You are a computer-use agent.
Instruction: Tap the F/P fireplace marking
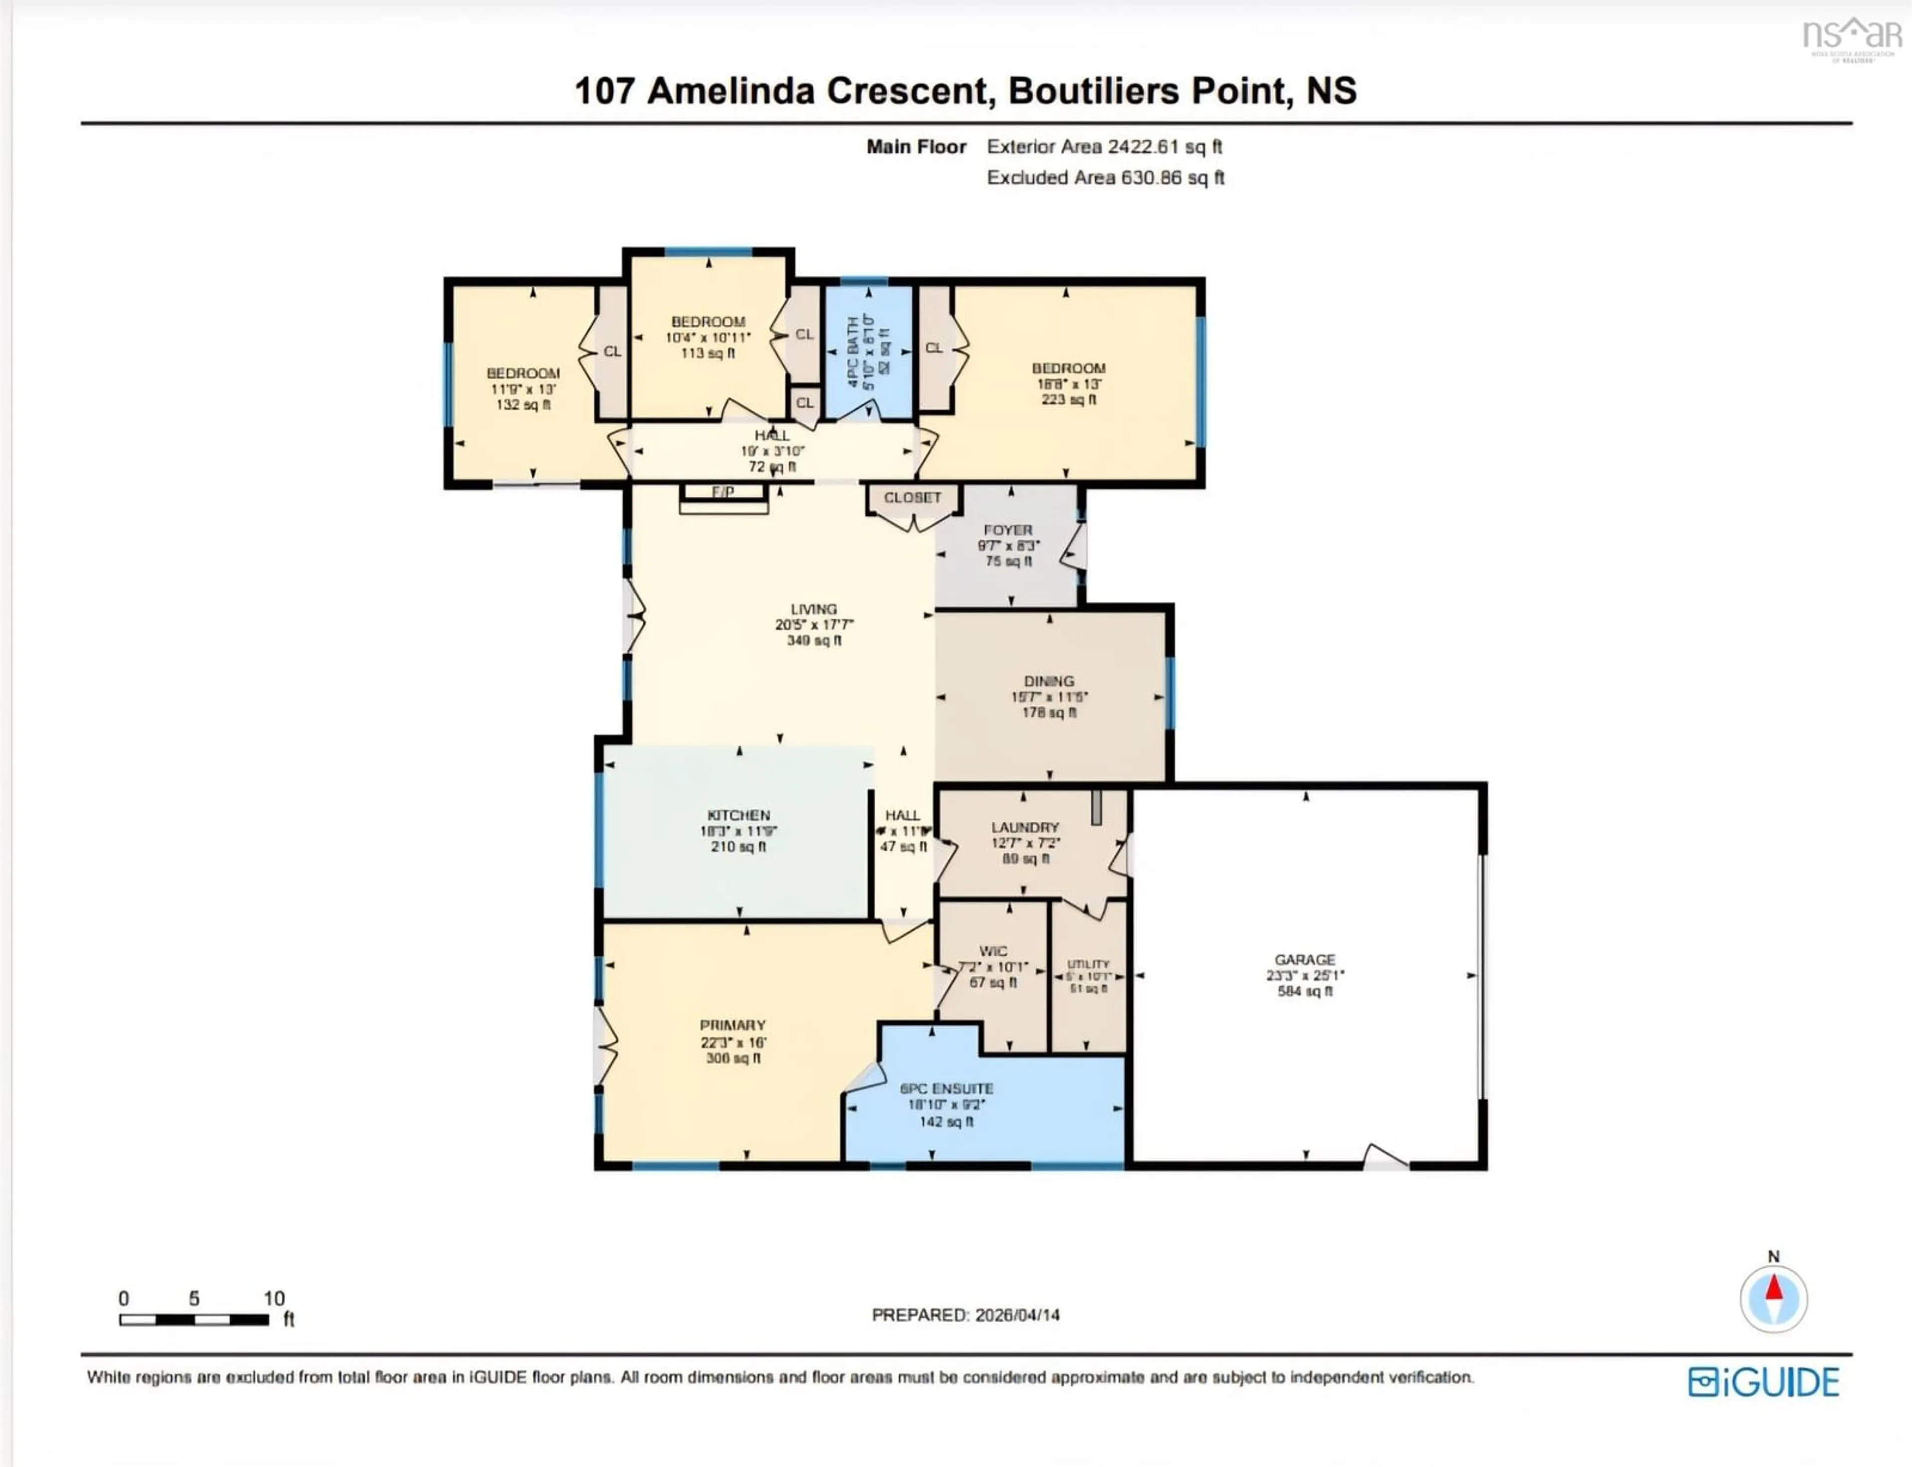[722, 492]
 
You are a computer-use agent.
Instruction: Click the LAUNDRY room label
[1025, 827]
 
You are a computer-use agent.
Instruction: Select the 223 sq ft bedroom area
[1068, 400]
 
